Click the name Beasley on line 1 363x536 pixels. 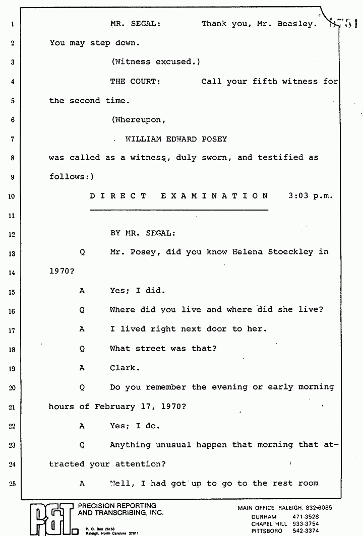click(x=296, y=24)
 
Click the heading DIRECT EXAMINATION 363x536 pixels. click(x=179, y=196)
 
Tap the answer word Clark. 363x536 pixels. click(x=123, y=368)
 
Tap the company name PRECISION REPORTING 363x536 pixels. click(x=117, y=506)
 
